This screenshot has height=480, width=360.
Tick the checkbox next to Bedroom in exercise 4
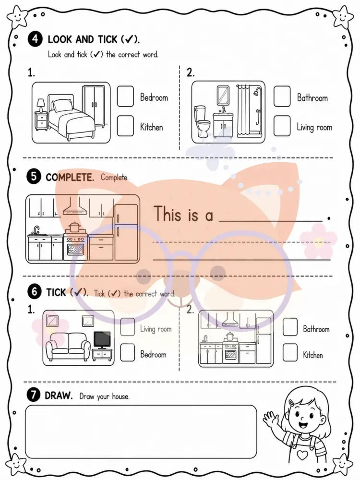point(125,96)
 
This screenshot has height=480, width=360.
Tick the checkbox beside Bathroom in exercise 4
point(282,96)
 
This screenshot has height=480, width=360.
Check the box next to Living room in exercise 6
point(128,326)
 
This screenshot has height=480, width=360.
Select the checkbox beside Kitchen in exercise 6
point(290,353)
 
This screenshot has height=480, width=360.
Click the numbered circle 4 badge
point(35,39)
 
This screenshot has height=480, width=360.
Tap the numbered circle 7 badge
point(33,395)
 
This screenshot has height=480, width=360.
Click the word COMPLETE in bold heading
point(70,178)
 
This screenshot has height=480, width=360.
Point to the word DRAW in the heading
point(59,395)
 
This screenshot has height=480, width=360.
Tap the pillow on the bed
point(62,105)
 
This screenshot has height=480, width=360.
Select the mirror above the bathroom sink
point(223,95)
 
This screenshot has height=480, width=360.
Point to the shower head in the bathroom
point(258,91)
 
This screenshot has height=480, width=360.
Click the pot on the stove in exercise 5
point(74,227)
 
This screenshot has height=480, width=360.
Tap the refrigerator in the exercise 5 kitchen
point(126,233)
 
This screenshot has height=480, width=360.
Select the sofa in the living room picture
point(68,346)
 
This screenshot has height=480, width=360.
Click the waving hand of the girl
point(270,419)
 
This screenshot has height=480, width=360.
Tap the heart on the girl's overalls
point(302,455)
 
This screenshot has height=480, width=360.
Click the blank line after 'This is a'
point(271,220)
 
